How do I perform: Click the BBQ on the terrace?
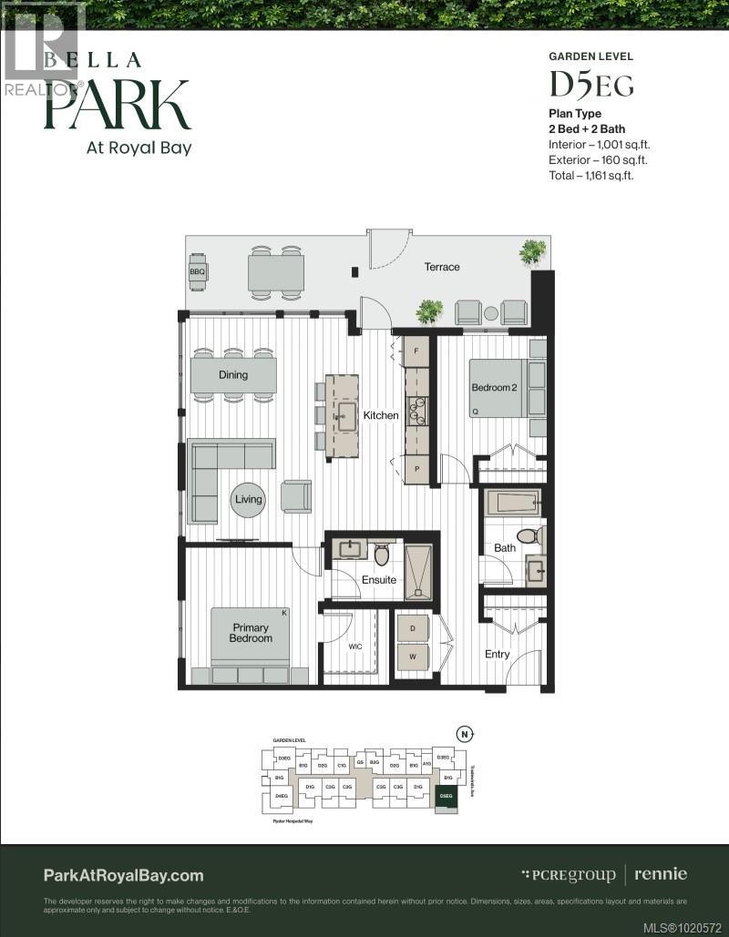point(198,271)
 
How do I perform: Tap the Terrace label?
point(442,267)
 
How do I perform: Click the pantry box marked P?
point(416,470)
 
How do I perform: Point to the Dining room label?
point(233,374)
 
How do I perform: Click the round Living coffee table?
point(248,499)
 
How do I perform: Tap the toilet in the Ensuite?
point(382,555)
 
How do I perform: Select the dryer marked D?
point(412,629)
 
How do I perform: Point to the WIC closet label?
point(355,647)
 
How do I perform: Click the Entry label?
point(498,654)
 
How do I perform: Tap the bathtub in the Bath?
point(513,503)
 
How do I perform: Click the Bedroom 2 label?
point(494,388)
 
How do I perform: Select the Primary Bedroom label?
point(251,633)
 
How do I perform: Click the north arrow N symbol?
point(465,734)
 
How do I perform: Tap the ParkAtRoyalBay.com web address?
point(124,875)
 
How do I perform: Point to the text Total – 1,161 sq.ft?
point(590,175)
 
